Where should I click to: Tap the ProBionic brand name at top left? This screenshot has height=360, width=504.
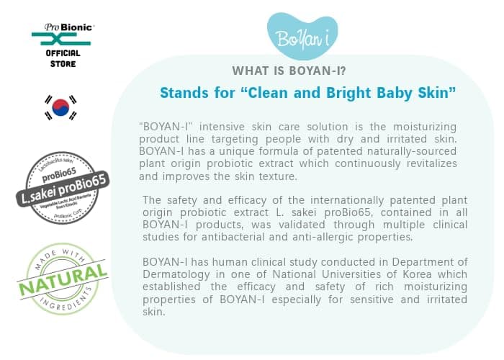click(x=63, y=27)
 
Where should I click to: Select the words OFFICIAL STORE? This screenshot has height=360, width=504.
click(x=63, y=58)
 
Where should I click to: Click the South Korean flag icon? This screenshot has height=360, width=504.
click(x=61, y=107)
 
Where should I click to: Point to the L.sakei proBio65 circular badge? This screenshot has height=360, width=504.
click(x=62, y=182)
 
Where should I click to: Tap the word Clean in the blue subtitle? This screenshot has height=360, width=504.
click(x=273, y=93)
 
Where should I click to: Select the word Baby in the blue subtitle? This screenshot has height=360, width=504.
click(x=397, y=93)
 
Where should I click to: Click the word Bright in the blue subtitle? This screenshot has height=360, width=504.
click(x=349, y=93)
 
